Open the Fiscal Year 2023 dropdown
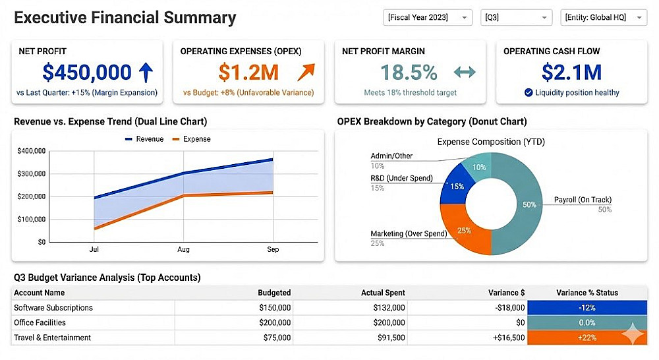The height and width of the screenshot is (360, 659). tap(428, 18)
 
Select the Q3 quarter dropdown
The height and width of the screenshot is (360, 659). tap(516, 18)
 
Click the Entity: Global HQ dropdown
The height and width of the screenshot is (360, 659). tap(603, 18)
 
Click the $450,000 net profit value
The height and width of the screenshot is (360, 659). tap(87, 71)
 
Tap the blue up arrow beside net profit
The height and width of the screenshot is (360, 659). tap(146, 71)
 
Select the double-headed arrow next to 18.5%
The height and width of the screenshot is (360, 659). tap(465, 72)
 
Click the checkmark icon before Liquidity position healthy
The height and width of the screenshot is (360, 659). tap(529, 93)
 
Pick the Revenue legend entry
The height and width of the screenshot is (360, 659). tap(145, 139)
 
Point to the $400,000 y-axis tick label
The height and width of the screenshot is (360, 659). tap(31, 151)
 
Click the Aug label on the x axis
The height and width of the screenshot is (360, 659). tap(183, 250)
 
